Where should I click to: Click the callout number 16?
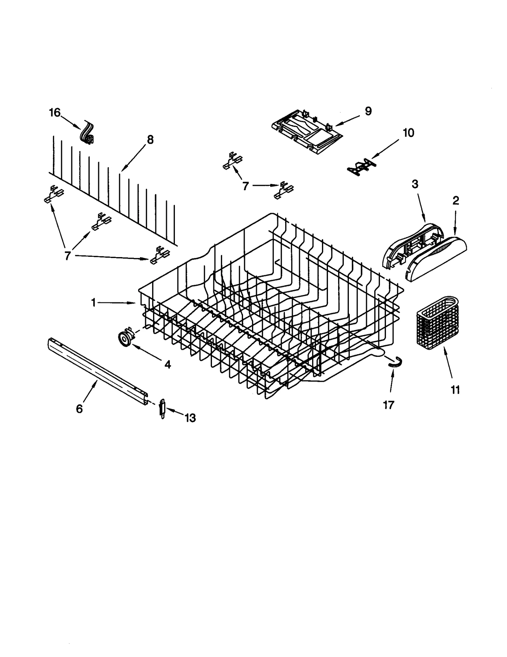[55, 112]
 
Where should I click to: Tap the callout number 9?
[368, 111]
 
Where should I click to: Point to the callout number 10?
[408, 133]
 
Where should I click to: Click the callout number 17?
[388, 405]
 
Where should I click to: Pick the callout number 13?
[190, 418]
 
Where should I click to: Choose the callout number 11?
[455, 390]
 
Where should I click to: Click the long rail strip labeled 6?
[98, 370]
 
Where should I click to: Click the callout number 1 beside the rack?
[93, 303]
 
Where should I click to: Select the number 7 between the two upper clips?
[245, 186]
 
